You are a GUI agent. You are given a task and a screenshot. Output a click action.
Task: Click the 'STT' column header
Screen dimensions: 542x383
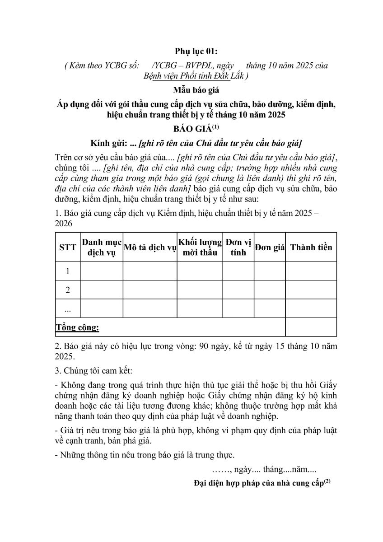click(x=68, y=247)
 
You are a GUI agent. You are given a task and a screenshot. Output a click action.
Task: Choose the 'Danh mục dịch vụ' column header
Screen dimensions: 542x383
click(x=102, y=247)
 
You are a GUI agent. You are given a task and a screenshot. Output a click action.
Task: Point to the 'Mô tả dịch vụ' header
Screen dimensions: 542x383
click(x=149, y=247)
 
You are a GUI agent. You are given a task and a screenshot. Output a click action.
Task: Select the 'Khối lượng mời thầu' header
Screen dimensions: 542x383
click(x=200, y=247)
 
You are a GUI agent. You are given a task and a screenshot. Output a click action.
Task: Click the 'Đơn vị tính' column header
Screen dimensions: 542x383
click(x=238, y=247)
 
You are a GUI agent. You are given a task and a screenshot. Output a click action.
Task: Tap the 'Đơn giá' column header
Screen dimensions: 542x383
click(x=269, y=247)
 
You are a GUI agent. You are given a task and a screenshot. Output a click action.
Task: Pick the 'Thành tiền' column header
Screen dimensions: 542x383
click(x=311, y=247)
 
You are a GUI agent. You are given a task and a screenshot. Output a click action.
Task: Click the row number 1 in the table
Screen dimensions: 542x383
click(x=68, y=271)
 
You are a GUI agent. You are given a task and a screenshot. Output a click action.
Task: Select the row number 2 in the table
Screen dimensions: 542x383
click(x=68, y=290)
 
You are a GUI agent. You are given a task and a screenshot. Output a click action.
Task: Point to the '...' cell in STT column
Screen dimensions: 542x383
click(x=68, y=309)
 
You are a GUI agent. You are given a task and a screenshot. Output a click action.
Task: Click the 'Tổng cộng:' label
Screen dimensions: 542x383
click(x=78, y=327)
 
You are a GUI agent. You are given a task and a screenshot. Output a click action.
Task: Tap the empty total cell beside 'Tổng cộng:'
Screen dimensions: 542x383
click(x=311, y=327)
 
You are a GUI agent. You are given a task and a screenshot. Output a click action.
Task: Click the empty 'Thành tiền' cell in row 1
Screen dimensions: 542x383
click(x=311, y=271)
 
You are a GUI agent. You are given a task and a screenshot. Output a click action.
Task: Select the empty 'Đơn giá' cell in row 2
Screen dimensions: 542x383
click(x=269, y=290)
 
